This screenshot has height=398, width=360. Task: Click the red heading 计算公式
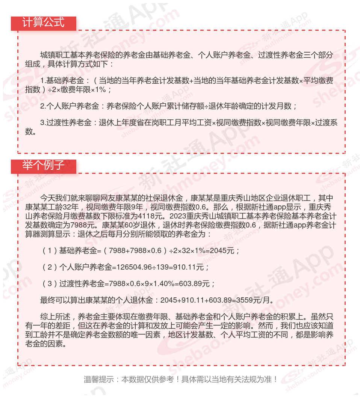43,23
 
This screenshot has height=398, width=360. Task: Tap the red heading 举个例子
43,165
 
